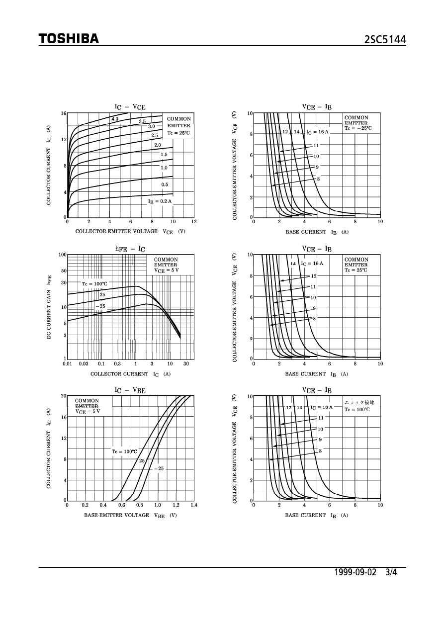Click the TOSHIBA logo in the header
click(69, 39)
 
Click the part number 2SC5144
click(385, 40)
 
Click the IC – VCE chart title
click(130, 106)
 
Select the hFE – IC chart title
click(130, 248)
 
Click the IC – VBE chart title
click(130, 390)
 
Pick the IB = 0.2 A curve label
click(160, 201)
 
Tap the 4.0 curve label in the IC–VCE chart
click(115, 119)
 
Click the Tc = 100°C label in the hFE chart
click(94, 284)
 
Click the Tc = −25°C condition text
click(358, 128)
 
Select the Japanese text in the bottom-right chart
click(359, 402)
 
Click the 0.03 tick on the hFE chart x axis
click(83, 363)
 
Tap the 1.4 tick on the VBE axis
click(193, 505)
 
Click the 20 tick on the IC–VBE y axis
click(64, 396)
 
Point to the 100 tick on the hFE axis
click(63, 255)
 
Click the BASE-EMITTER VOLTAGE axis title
click(116, 515)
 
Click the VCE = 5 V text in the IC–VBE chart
click(88, 412)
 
